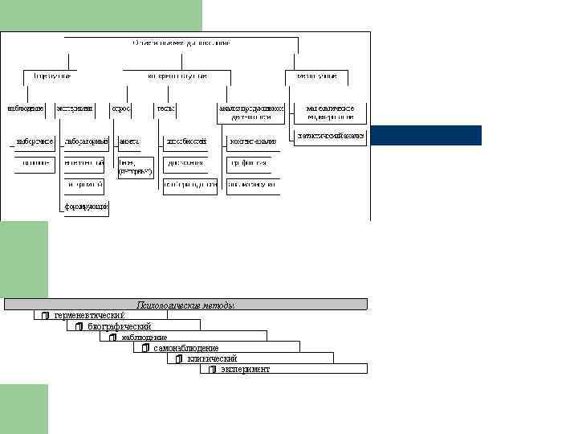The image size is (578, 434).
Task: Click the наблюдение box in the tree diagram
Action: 25,108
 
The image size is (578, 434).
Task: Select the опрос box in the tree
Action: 121,108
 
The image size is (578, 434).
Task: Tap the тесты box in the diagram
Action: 166,108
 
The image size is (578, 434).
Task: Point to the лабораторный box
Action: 86,141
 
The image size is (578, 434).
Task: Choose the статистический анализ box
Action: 330,136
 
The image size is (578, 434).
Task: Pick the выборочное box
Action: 35,141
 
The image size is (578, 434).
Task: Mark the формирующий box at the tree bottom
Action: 87,207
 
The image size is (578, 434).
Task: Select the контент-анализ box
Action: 252,141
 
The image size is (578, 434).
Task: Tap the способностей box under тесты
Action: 185,141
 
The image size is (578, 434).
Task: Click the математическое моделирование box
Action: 330,112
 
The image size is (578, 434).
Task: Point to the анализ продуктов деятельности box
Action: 251,112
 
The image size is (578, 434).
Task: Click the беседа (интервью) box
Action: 136,167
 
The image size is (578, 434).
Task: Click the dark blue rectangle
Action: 425,135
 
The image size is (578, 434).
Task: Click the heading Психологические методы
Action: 185,305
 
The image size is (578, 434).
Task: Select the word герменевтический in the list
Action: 89,315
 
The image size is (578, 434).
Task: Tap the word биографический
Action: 120,326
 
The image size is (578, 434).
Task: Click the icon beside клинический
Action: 179,358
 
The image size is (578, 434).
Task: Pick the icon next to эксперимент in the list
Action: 212,370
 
